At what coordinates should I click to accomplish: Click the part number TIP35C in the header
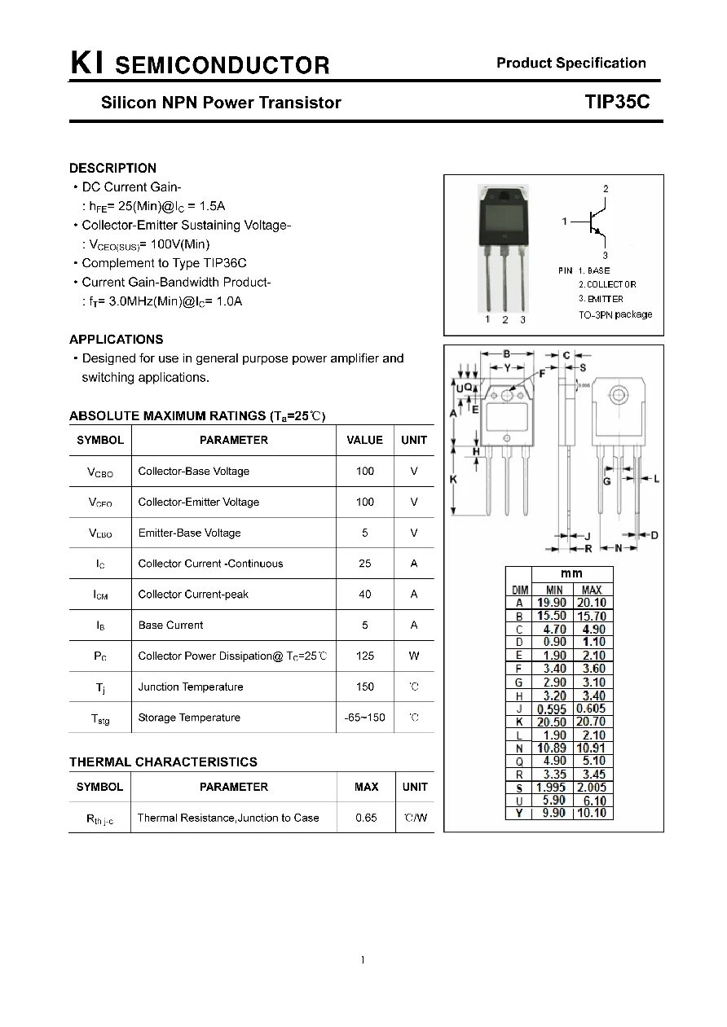(x=616, y=102)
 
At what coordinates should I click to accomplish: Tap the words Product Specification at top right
(x=571, y=63)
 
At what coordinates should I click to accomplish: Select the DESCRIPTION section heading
(x=112, y=169)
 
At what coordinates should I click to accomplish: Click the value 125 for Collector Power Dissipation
(x=364, y=656)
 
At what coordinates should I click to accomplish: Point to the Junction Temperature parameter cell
(x=191, y=687)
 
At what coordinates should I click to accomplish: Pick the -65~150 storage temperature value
(x=364, y=718)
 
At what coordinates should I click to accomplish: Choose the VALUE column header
(x=364, y=440)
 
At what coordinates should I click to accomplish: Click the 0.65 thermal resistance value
(x=366, y=818)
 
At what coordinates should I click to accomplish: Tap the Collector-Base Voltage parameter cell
(x=194, y=471)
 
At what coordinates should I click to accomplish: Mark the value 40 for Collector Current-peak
(x=364, y=595)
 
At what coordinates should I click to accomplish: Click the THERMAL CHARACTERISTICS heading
(x=163, y=762)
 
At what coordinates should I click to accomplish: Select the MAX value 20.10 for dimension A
(x=592, y=603)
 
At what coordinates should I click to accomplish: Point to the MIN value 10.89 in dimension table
(x=552, y=748)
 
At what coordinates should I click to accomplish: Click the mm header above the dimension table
(x=571, y=573)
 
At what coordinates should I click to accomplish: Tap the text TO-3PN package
(x=615, y=314)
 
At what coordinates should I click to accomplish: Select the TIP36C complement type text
(x=223, y=263)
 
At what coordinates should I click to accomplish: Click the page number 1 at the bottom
(x=363, y=960)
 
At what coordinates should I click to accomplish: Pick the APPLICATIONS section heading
(x=116, y=340)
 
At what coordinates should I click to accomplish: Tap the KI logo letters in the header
(x=86, y=64)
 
